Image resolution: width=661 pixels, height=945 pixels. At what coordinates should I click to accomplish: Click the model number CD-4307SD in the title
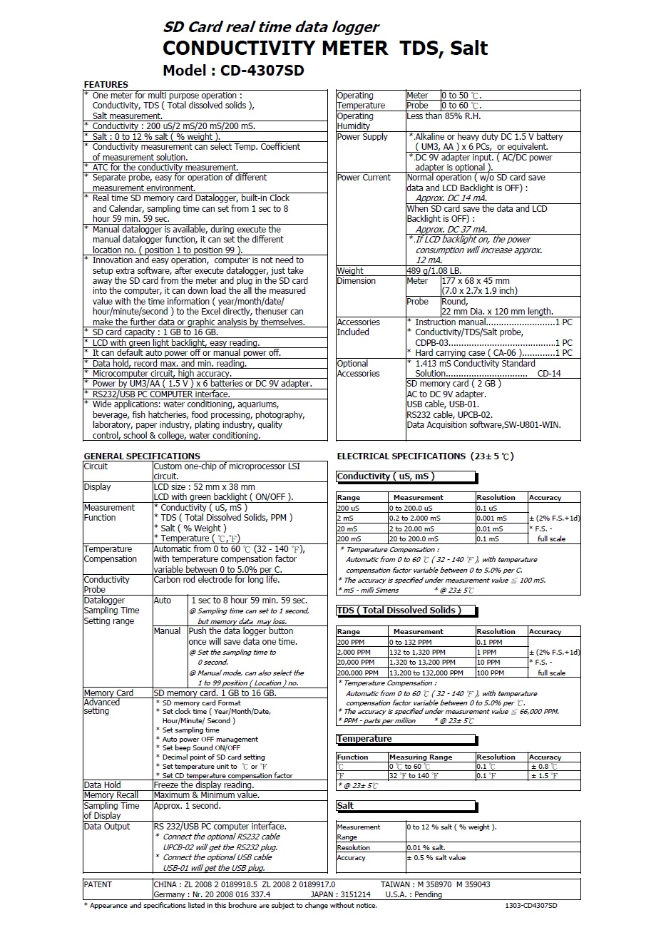(x=262, y=70)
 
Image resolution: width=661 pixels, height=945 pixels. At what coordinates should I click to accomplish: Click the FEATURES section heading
(x=106, y=84)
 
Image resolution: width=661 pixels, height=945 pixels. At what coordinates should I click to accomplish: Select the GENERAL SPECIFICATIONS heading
(x=142, y=456)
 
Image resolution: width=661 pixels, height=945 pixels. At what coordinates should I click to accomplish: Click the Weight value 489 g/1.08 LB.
(x=434, y=271)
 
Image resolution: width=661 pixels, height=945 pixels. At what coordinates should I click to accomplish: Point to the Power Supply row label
(x=362, y=137)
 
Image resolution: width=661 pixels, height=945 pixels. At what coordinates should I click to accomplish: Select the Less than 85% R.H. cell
(x=444, y=116)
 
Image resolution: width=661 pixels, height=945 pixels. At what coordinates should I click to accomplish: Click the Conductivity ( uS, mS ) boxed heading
(x=386, y=476)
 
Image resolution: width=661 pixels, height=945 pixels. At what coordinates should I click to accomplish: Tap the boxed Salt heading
(x=346, y=806)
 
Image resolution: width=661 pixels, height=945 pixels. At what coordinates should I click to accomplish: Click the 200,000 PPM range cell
(x=358, y=673)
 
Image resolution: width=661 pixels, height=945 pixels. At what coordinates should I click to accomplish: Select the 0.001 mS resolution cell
(x=492, y=519)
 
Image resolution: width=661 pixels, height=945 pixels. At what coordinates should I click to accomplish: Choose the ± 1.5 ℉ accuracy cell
(x=544, y=776)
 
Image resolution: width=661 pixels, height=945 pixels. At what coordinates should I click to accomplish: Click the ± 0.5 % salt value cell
(x=436, y=858)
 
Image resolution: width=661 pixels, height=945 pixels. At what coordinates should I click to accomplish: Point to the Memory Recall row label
(x=111, y=795)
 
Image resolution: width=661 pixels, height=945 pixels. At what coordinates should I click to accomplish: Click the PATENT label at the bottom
(x=98, y=884)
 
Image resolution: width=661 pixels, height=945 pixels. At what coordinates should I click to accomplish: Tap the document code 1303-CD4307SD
(x=531, y=906)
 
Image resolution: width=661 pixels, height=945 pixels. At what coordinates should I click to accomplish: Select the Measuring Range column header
(x=421, y=757)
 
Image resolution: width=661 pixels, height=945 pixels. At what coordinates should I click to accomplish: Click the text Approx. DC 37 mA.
(x=451, y=230)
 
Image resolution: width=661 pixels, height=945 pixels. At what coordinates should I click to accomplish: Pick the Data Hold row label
(x=103, y=785)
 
